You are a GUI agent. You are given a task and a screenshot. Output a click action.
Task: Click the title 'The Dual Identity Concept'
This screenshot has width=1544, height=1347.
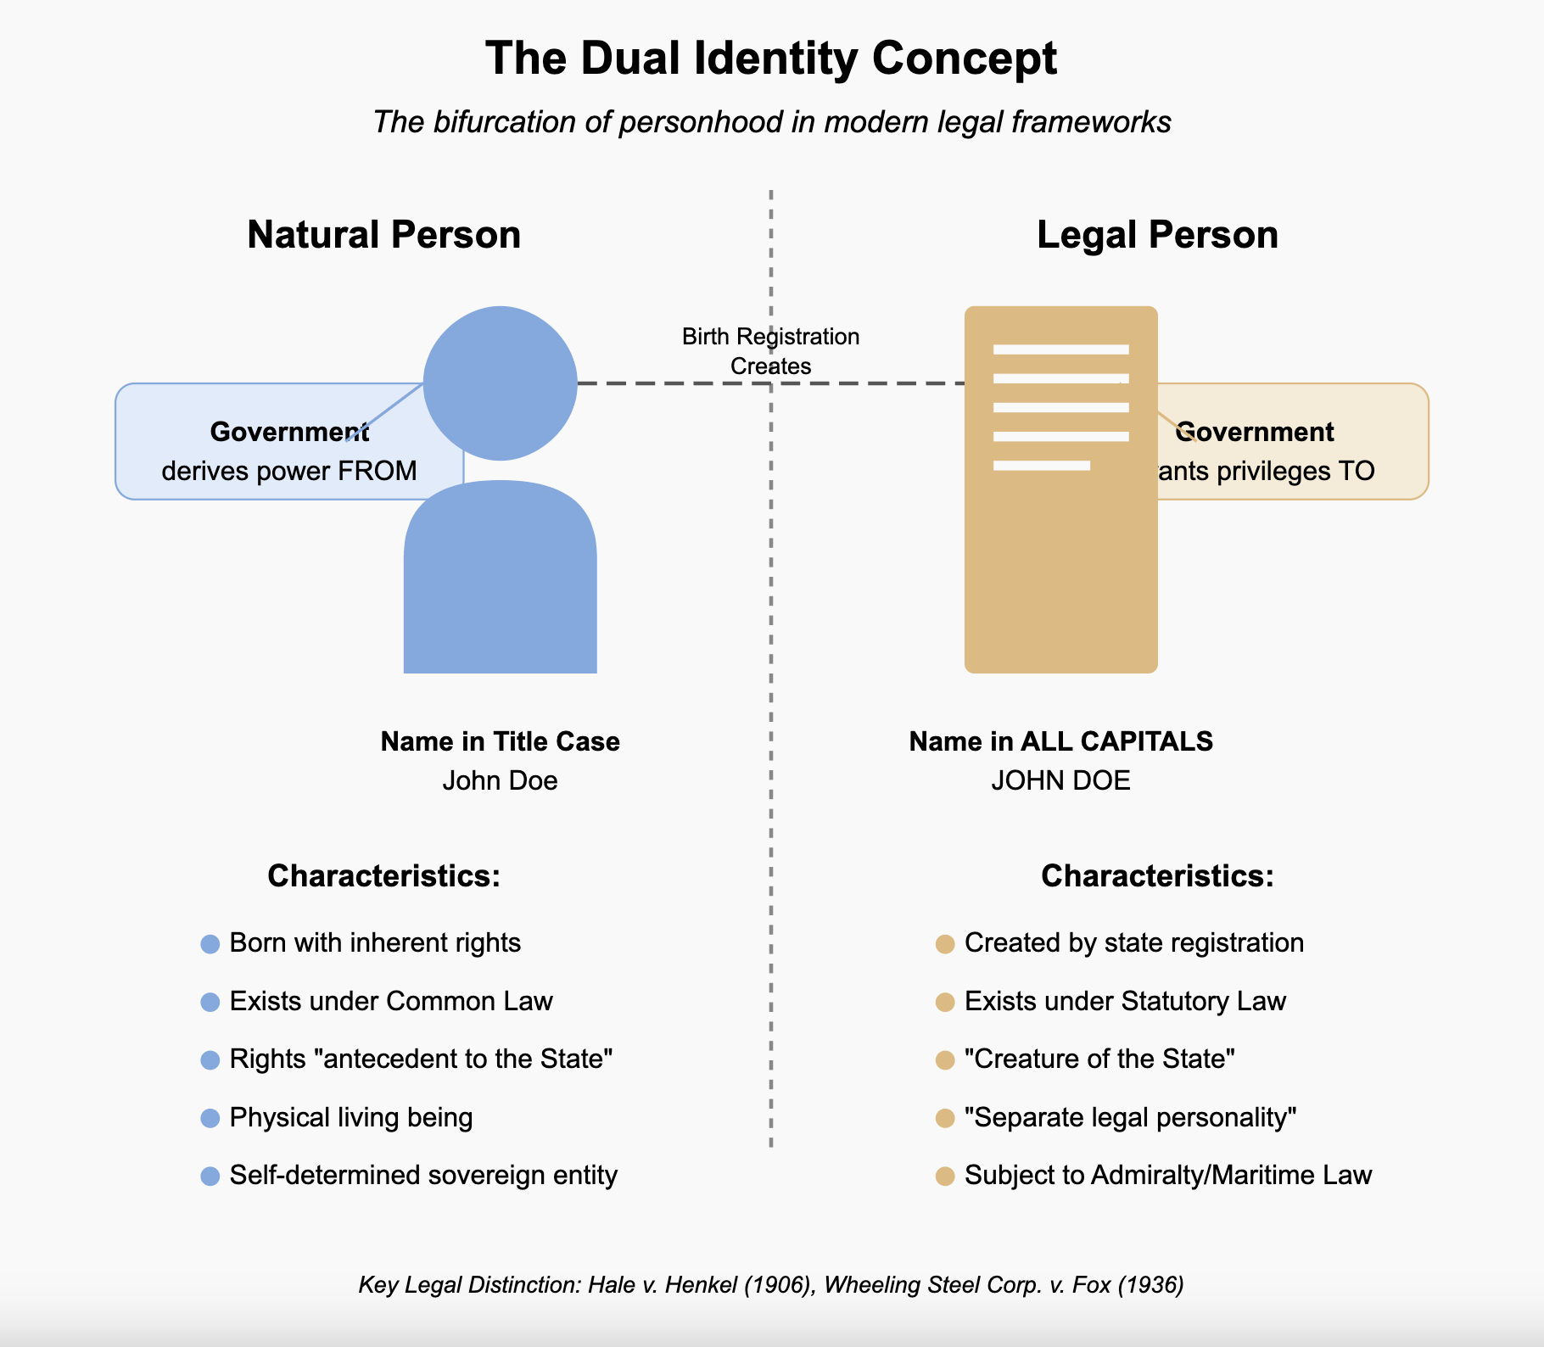(771, 59)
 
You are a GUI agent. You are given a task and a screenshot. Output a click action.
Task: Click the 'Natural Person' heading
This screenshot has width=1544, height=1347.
(383, 235)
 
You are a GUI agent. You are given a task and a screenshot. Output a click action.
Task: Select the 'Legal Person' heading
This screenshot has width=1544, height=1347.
(1157, 235)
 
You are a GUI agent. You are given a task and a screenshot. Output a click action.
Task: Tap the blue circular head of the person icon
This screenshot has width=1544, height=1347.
(500, 383)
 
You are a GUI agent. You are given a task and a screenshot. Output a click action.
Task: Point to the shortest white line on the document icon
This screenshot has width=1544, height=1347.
(1041, 465)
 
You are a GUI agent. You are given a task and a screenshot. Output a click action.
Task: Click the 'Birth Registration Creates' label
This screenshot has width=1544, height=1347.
(770, 351)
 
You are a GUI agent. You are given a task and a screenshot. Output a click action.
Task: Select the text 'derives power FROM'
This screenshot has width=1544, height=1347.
(288, 471)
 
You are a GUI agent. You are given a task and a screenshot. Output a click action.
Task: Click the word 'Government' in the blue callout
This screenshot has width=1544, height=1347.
(288, 432)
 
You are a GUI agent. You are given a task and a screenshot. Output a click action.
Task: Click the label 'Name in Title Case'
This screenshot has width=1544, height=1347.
(500, 741)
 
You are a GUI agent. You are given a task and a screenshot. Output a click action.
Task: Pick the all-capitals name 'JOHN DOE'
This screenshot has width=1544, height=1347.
(1060, 780)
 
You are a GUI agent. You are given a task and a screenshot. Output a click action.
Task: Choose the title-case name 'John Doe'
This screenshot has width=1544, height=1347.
(500, 780)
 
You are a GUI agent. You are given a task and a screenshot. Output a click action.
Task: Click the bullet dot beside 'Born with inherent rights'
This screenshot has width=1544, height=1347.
(210, 944)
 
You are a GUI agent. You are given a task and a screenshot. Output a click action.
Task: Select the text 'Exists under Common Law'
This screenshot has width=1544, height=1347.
(391, 1002)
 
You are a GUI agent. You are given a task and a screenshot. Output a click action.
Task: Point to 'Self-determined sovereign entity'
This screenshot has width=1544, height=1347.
(423, 1176)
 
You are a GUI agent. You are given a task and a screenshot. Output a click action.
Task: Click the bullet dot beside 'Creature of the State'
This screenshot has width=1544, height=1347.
(944, 1060)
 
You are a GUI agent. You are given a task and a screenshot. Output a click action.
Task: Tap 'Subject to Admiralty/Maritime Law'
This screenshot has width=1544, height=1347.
(1167, 1176)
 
